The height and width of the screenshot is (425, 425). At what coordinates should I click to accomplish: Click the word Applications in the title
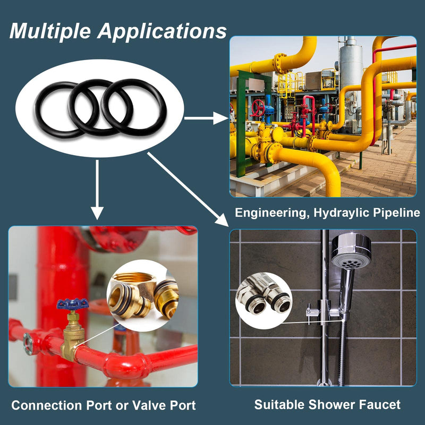pos(162,31)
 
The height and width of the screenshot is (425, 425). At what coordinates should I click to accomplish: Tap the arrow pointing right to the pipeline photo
pos(206,118)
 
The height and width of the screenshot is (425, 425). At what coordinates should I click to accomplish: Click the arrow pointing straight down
pos(97,190)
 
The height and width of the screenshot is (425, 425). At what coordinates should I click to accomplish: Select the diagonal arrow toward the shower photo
pos(188,189)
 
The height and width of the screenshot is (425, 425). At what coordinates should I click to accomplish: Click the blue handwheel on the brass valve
pos(72,303)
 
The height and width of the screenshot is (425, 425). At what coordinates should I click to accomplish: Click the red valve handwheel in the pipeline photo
pos(258,108)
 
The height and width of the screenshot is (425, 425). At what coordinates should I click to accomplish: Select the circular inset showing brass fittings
pos(142,295)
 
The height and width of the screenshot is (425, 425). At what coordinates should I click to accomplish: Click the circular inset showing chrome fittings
pos(263,301)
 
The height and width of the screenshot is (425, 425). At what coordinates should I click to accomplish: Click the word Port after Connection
pos(99,405)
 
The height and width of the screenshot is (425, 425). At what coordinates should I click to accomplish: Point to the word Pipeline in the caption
pos(396,213)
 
